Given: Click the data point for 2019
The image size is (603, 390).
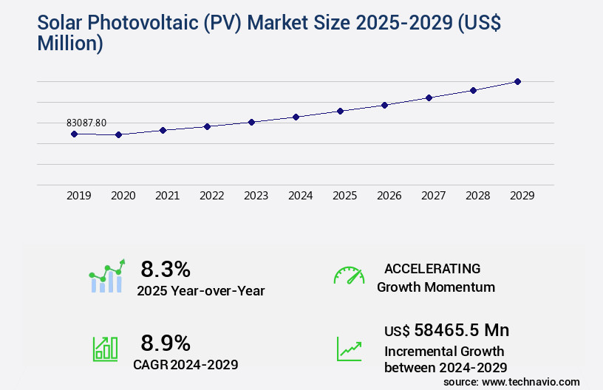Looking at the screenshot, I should [x=74, y=134].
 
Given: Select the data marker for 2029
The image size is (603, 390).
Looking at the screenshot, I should [x=517, y=81].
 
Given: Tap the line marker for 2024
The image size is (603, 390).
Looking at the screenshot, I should [x=296, y=117].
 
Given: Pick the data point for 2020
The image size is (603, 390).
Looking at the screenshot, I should [x=118, y=134].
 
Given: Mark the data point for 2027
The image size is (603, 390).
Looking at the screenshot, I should [x=429, y=97].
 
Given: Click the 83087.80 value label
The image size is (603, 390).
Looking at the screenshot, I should [x=86, y=123].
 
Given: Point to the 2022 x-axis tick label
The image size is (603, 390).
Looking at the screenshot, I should [x=211, y=196].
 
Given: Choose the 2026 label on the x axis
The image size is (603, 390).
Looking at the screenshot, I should [x=389, y=196].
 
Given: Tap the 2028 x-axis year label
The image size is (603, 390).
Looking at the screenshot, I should [x=477, y=196].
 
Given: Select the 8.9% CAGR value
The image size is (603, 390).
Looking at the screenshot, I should [x=166, y=343].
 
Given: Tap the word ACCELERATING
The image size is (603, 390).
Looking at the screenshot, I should [x=432, y=268].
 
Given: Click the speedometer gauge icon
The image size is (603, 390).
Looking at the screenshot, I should [x=349, y=276].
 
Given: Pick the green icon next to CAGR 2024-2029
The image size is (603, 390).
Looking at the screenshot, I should [x=105, y=349].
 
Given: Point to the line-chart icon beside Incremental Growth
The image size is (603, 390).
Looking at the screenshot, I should [x=349, y=349].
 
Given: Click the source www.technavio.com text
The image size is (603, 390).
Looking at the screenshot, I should [x=511, y=381].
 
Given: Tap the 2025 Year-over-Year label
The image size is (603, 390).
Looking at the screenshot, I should [x=200, y=290].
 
